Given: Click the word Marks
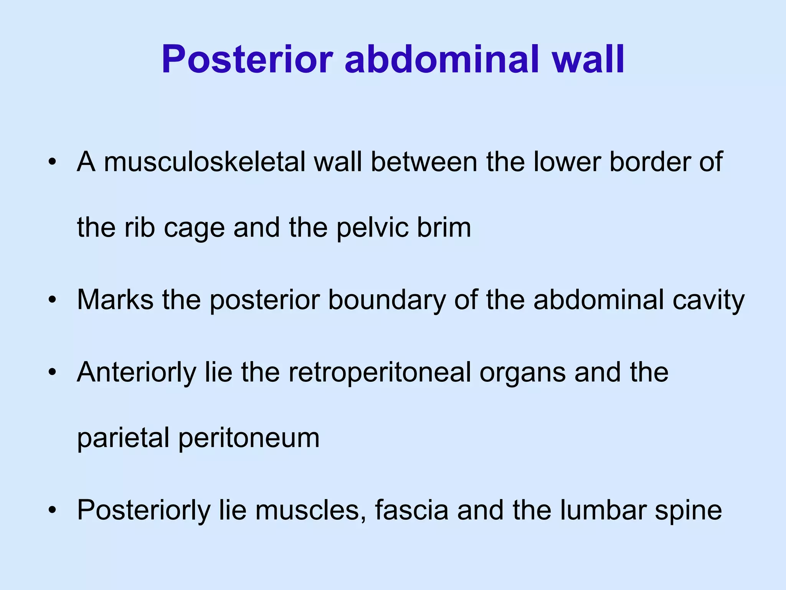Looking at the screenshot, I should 115,300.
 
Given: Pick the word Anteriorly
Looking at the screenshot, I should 136,373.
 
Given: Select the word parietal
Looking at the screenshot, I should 123,439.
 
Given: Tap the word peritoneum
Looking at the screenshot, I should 249,439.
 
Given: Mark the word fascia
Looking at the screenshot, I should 411,510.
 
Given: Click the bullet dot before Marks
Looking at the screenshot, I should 52,300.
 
